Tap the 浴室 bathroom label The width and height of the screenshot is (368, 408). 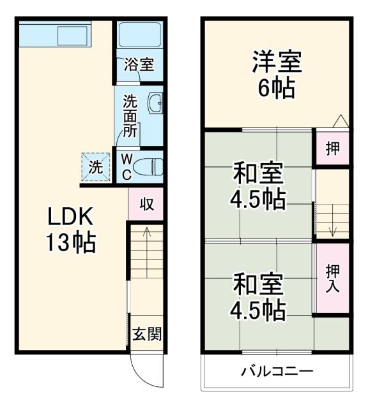tap(139, 65)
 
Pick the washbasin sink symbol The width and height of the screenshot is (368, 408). tap(155, 102)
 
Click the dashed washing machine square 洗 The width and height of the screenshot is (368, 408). tap(95, 167)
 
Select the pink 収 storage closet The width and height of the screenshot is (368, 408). tap(146, 205)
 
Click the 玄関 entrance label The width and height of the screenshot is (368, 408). tap(146, 333)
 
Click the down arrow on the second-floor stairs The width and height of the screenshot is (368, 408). tap(333, 231)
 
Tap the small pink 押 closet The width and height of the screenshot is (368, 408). tap(333, 149)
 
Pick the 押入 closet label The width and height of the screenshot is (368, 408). tap(333, 279)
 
